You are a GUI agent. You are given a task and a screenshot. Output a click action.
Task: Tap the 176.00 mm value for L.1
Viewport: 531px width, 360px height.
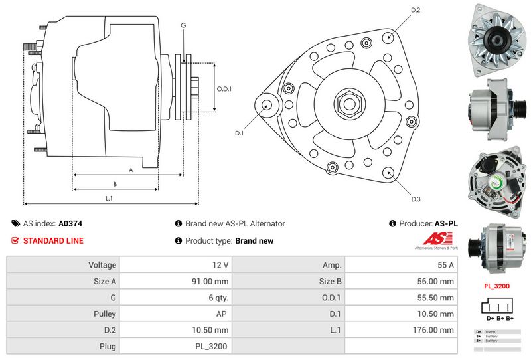pyautogui.click(x=438, y=330)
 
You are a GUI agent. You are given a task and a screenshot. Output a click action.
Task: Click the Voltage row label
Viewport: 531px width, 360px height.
pyautogui.click(x=102, y=265)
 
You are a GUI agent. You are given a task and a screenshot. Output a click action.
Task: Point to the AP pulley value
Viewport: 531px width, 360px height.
pyautogui.click(x=221, y=314)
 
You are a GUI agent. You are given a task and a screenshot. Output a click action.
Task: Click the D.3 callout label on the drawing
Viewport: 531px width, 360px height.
pyautogui.click(x=416, y=199)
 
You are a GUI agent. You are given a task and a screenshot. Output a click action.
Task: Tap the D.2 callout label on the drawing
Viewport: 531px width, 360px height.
pyautogui.click(x=416, y=10)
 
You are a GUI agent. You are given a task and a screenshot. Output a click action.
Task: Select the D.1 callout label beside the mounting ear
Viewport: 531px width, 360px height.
pyautogui.click(x=240, y=133)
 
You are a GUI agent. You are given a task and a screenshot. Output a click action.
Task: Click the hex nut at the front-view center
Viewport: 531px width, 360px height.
pyautogui.click(x=348, y=104)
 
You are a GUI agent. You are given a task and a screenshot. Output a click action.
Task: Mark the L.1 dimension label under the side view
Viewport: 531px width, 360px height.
pyautogui.click(x=109, y=198)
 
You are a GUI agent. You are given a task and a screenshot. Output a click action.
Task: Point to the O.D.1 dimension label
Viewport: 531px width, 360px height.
pyautogui.click(x=224, y=89)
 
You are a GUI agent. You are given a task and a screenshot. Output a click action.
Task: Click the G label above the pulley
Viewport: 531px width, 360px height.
pyautogui.click(x=183, y=25)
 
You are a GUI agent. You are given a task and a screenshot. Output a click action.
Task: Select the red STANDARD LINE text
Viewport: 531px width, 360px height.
pyautogui.click(x=53, y=241)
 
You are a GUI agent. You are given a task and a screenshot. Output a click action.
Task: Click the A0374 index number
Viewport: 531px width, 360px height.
pyautogui.click(x=70, y=224)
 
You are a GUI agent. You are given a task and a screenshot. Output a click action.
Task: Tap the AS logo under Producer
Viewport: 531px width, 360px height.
pyautogui.click(x=435, y=240)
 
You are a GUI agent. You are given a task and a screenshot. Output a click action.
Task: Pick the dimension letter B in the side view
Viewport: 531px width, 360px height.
pyautogui.click(x=115, y=184)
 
